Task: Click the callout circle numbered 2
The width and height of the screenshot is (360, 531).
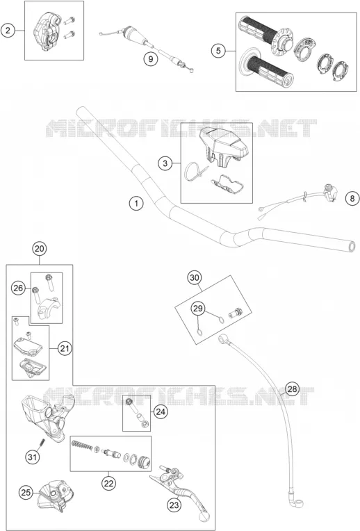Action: [8, 31]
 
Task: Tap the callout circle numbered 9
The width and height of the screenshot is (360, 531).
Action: [151, 59]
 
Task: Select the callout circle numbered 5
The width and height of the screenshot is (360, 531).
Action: [218, 51]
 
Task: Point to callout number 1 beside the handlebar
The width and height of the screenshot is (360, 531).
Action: [136, 204]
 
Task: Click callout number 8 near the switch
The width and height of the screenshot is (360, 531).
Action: [352, 198]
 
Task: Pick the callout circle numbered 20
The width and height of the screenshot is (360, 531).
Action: [40, 249]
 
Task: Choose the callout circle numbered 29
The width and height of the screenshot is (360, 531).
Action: [198, 308]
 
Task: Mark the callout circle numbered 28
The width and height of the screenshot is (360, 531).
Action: [293, 389]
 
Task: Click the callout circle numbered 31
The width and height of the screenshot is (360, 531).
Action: [32, 457]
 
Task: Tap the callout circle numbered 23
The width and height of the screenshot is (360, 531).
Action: [174, 505]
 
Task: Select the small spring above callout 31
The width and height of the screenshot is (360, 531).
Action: [42, 442]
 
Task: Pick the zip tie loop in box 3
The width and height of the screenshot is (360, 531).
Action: [195, 171]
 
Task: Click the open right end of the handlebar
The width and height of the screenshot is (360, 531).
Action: [352, 246]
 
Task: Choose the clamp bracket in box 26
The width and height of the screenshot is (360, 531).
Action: [49, 309]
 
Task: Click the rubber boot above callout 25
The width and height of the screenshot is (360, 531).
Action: [54, 494]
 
